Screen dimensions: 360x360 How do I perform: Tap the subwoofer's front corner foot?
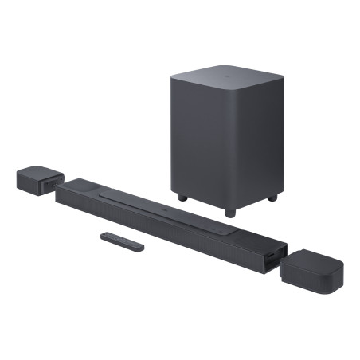[x=230, y=213]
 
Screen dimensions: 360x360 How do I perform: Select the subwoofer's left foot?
[x=182, y=196]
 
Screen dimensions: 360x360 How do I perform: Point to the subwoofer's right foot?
[x=272, y=196]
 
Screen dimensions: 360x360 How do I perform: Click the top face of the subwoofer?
[x=226, y=76]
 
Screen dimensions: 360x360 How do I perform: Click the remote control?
[x=122, y=241]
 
